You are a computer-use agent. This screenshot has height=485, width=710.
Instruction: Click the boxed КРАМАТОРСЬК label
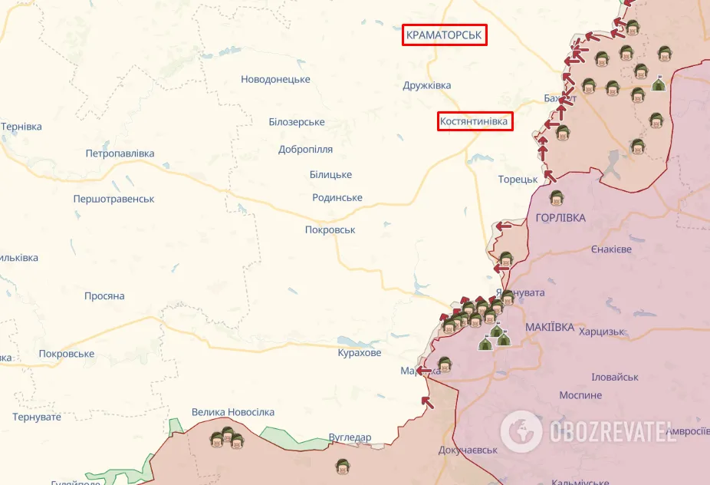click(x=445, y=35)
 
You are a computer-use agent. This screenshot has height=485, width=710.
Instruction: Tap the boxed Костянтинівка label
click(x=475, y=121)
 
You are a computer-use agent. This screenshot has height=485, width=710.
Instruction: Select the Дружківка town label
click(x=427, y=85)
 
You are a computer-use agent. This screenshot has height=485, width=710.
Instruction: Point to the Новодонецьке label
click(x=275, y=79)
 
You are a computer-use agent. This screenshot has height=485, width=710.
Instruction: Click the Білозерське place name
click(x=297, y=122)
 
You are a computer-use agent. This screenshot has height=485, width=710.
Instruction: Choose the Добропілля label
click(x=305, y=149)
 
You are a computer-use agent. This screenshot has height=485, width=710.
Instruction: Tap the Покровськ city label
click(x=330, y=229)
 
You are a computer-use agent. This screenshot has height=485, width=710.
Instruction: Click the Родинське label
click(x=337, y=197)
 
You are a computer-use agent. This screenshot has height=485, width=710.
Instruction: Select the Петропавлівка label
click(x=120, y=153)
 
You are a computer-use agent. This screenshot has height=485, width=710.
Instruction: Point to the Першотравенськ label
click(x=113, y=199)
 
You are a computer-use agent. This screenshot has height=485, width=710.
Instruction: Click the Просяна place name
click(x=104, y=295)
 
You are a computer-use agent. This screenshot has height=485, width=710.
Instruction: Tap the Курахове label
click(x=359, y=352)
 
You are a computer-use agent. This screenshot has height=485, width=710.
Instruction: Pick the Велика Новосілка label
click(x=233, y=412)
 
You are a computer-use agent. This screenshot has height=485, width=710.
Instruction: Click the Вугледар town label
click(x=350, y=437)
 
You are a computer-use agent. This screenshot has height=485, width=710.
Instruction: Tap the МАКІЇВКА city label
click(x=550, y=327)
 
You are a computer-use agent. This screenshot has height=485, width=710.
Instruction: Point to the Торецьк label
click(x=518, y=179)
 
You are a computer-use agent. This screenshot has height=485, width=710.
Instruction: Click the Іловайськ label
click(x=615, y=377)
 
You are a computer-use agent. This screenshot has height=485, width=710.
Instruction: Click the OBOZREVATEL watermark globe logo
click(x=522, y=431)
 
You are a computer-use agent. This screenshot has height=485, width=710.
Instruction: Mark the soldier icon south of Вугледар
click(x=343, y=466)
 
